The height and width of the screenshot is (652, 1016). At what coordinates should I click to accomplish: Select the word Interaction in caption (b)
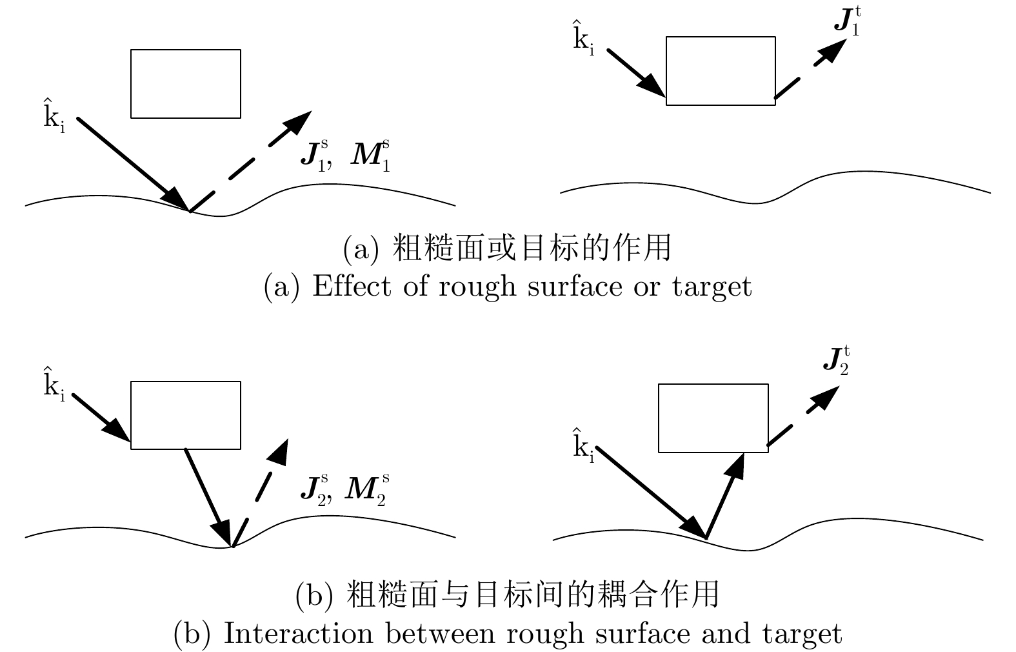[298, 633]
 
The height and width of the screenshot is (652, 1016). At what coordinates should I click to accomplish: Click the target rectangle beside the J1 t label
[721, 71]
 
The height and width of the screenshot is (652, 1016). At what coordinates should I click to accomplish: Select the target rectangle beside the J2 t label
[713, 418]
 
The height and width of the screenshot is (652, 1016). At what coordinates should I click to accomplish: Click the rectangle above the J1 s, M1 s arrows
[186, 84]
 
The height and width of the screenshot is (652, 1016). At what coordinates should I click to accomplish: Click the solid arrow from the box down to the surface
[208, 497]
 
